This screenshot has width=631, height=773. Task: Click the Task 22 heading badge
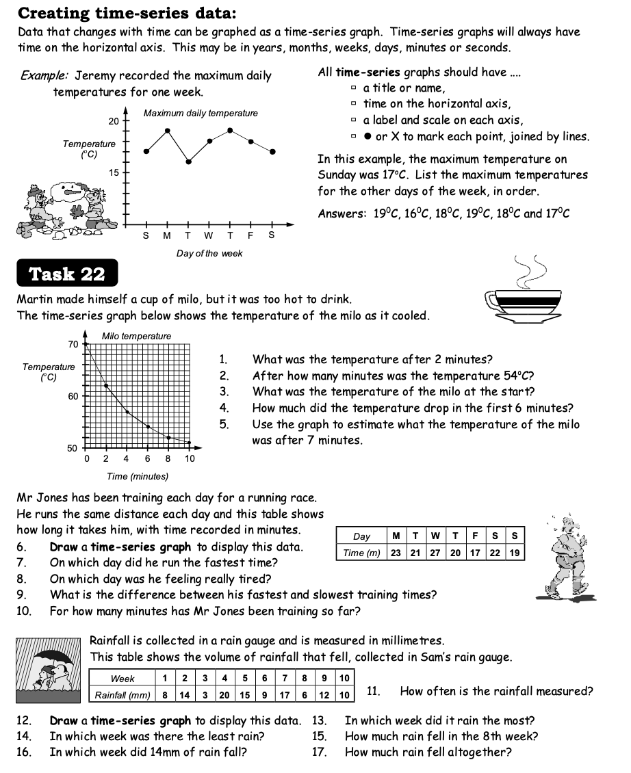point(67,274)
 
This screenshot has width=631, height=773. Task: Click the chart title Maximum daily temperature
point(201,113)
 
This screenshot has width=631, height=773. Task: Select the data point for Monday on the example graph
point(167,129)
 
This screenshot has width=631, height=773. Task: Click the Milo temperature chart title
point(136,336)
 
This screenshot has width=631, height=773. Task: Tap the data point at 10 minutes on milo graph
point(190,443)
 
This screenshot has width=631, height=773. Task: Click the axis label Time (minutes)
point(137,476)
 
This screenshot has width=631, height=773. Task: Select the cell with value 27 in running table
point(435,553)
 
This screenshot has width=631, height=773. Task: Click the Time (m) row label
point(362,553)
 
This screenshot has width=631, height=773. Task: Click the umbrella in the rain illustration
point(54,657)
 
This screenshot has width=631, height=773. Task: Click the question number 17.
point(320,752)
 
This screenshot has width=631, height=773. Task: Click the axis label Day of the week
point(209,253)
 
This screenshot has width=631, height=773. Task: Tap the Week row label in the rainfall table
point(123,679)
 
